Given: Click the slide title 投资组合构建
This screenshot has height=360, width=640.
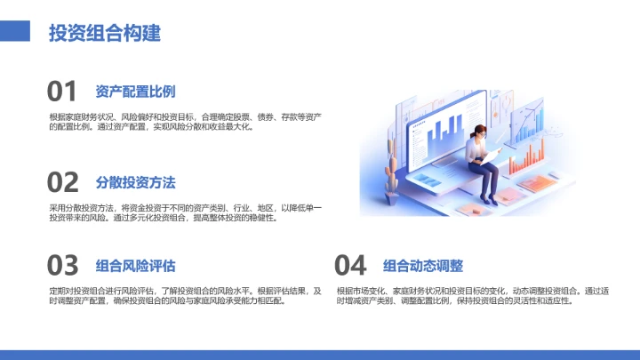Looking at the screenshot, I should click(x=105, y=34).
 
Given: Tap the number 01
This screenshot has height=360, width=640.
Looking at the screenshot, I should click(x=62, y=92).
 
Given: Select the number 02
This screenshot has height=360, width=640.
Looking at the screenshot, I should click(x=62, y=182).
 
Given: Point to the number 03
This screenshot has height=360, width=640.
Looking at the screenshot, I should click(x=62, y=265).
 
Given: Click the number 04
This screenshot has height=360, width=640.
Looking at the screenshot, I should click(x=350, y=265).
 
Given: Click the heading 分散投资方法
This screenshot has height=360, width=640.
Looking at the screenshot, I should click(x=135, y=182).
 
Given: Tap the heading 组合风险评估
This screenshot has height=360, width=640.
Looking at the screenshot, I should click(x=135, y=265).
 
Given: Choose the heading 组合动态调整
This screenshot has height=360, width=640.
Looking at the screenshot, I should click(x=423, y=265).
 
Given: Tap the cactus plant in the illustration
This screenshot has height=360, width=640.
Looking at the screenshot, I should click(x=391, y=173).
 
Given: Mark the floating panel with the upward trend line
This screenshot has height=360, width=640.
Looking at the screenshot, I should click(x=534, y=116).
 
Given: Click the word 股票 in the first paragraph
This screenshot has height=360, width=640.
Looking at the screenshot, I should click(x=245, y=117).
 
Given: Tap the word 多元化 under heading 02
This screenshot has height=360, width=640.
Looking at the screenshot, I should click(x=168, y=217).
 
